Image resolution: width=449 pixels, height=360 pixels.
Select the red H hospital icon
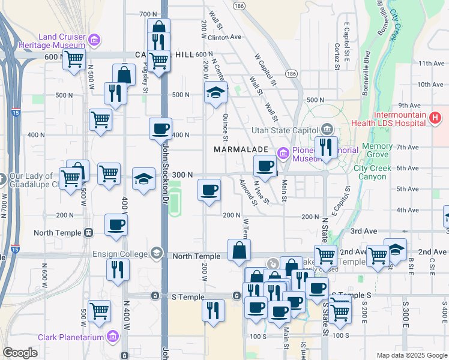(x=436, y=119)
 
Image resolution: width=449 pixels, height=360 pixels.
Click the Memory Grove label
(x=378, y=150)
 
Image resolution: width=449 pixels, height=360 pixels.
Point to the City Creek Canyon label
(x=381, y=173)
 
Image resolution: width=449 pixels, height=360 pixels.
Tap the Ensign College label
(x=119, y=254)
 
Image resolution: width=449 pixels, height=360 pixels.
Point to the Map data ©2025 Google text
(x=412, y=355)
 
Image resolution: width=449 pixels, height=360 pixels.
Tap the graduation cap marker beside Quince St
(x=215, y=93)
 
